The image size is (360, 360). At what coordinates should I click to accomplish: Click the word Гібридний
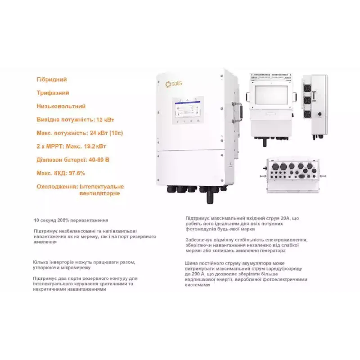pyautogui.click(x=51, y=80)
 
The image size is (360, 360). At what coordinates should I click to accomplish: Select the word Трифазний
pyautogui.click(x=53, y=93)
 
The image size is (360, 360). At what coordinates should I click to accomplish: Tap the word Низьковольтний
pyautogui.click(x=61, y=107)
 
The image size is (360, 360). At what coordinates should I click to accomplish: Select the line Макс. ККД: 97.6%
pyautogui.click(x=61, y=173)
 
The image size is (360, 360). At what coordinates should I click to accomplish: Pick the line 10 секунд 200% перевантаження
pyautogui.click(x=71, y=220)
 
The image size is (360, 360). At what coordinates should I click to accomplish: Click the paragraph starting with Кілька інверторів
pyautogui.click(x=84, y=264)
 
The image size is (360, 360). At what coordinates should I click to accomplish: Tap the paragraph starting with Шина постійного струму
pyautogui.click(x=246, y=274)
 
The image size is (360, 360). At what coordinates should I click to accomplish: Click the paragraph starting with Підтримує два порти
pyautogui.click(x=85, y=284)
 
